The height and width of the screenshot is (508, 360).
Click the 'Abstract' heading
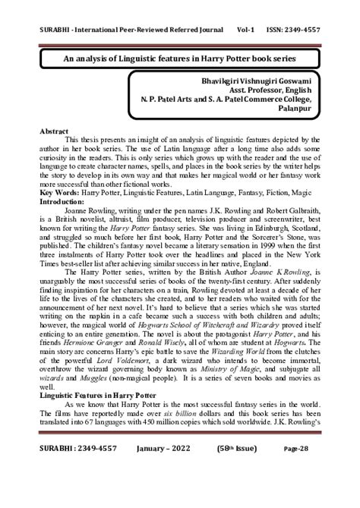(55, 131)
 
